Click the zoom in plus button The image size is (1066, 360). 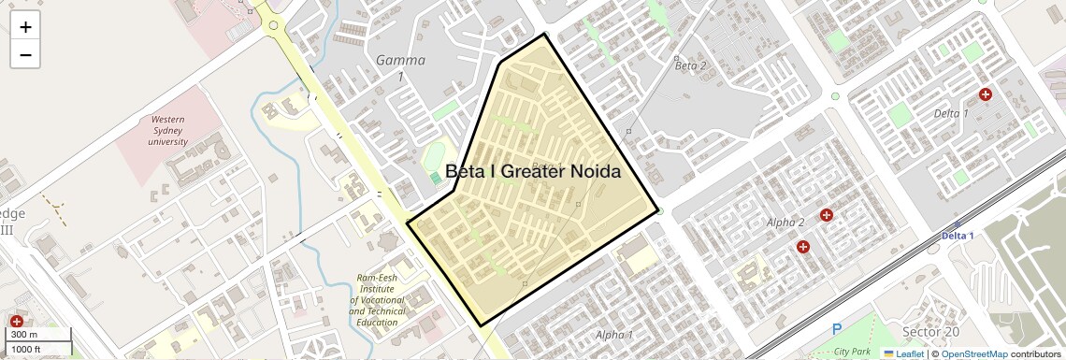[25, 27]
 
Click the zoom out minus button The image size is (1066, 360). [25, 55]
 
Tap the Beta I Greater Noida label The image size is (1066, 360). [533, 172]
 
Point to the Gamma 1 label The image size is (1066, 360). [400, 68]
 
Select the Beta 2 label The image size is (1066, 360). [690, 65]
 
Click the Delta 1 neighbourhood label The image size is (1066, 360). [951, 113]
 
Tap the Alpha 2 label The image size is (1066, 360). [785, 223]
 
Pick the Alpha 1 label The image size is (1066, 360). [614, 334]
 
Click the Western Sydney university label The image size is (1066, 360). [168, 131]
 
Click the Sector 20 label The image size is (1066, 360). [930, 332]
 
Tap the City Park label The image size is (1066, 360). [853, 351]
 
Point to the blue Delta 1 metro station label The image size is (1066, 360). [957, 236]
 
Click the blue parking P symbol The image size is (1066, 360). [837, 328]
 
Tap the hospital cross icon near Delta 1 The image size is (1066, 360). [985, 94]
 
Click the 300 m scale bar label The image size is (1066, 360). [25, 335]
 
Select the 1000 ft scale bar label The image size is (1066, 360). [27, 349]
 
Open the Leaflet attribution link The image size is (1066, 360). [903, 353]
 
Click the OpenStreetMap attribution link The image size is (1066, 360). [974, 353]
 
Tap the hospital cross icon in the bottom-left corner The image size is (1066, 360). [16, 322]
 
